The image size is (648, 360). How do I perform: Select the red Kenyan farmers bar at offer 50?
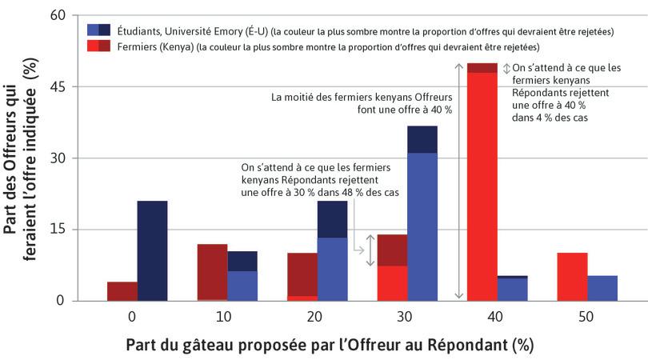coord(573,277)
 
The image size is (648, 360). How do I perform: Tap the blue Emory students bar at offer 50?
coord(603,288)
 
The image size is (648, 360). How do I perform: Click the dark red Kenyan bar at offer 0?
coord(122,291)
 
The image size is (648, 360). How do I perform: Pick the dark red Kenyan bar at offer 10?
coord(212,272)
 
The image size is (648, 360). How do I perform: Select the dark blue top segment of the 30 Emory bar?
coord(422,139)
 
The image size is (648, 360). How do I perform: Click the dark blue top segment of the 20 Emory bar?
coord(332,219)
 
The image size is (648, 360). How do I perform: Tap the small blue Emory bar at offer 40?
coord(513,289)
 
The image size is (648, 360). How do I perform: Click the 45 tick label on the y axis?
coord(60,86)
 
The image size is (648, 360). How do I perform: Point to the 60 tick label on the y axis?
coord(60,15)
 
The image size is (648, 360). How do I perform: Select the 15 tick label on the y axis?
coord(60,230)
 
